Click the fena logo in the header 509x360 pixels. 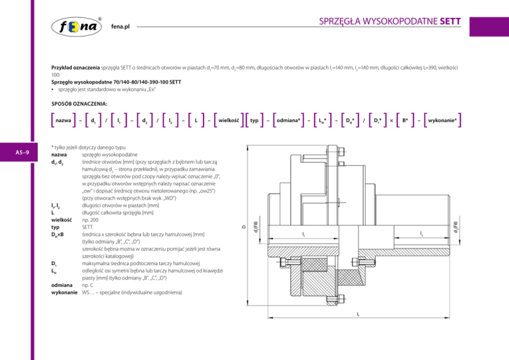79,27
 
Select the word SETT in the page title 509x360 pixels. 453,19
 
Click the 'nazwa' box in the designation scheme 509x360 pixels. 64,121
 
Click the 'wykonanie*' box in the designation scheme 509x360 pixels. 444,121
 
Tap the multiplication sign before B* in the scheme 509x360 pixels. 390,121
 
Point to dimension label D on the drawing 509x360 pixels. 243,228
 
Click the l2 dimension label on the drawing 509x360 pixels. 422,233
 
